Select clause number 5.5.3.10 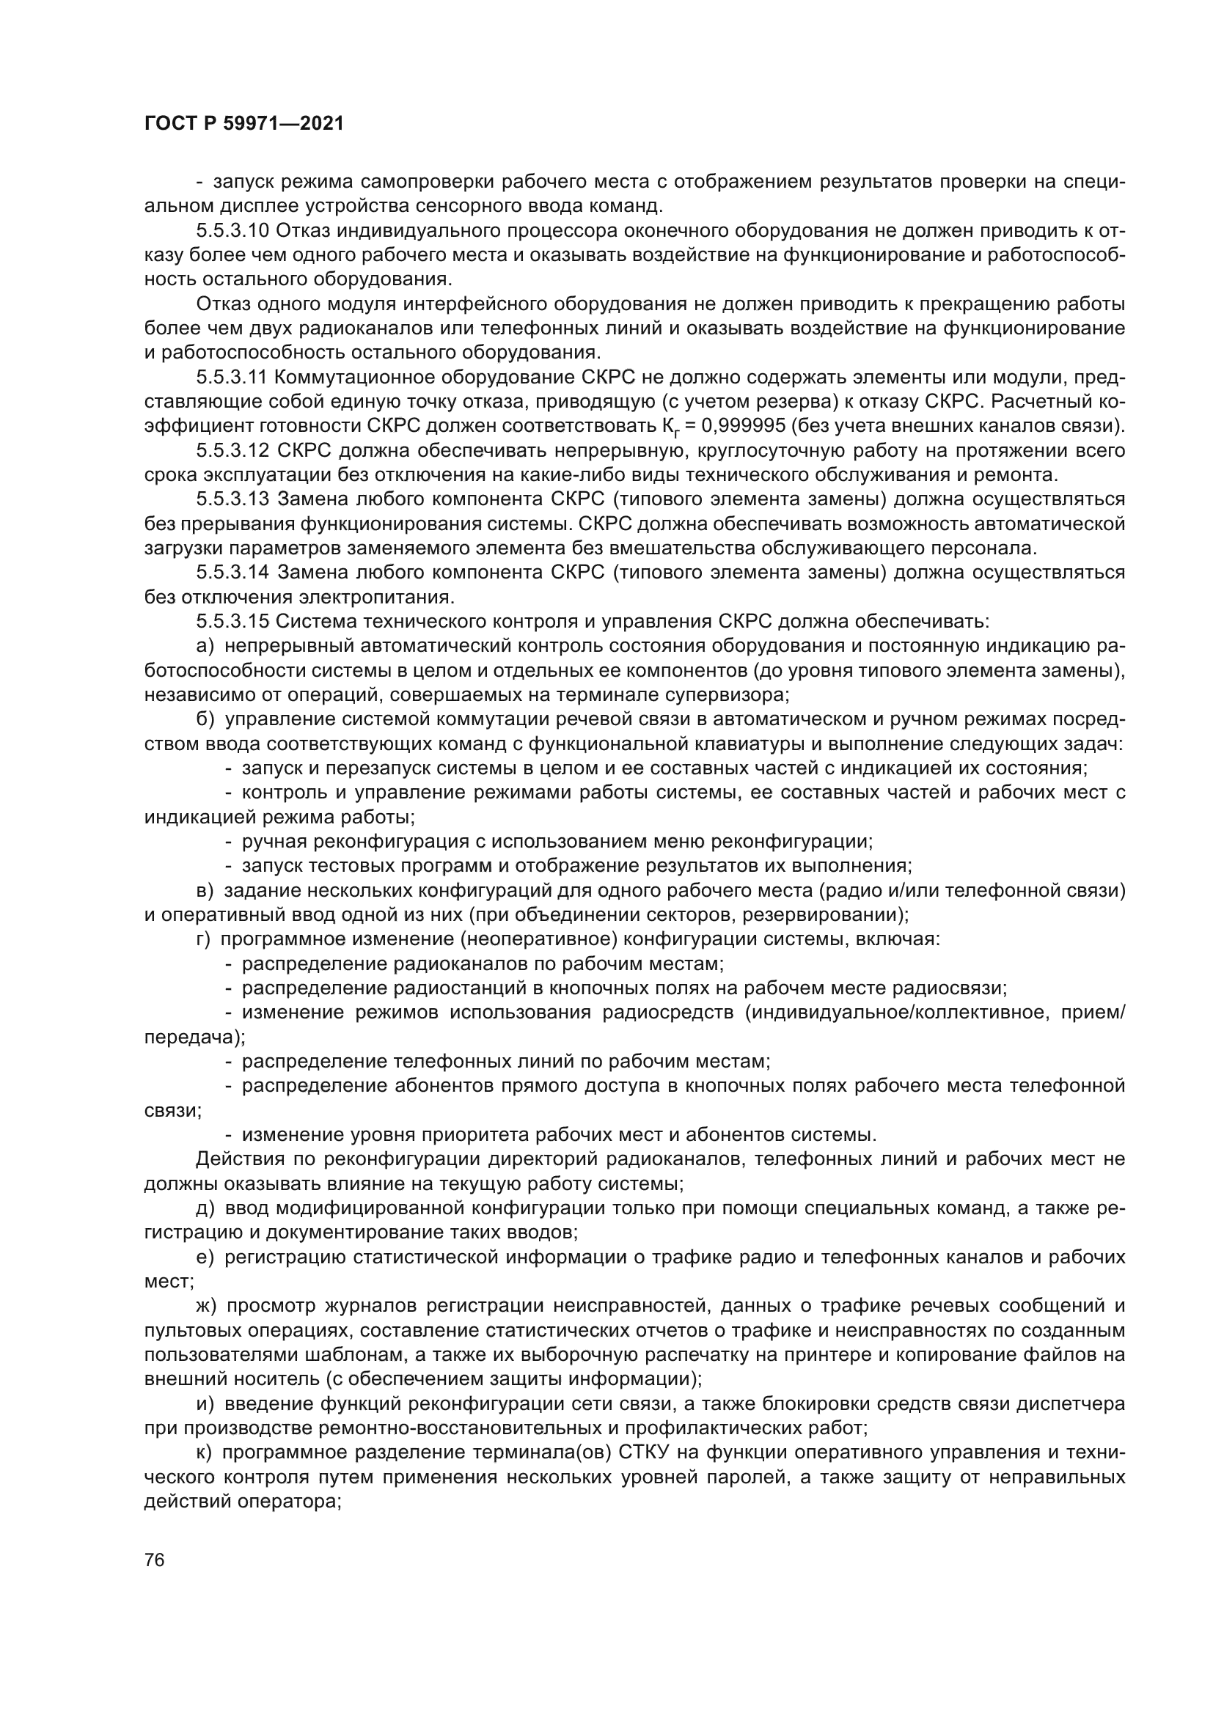(x=232, y=231)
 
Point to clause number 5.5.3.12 (x=232, y=450)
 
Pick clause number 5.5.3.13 (x=232, y=499)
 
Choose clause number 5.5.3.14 (x=232, y=572)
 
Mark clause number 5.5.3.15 (x=232, y=621)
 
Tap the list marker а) (x=205, y=645)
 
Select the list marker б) (x=206, y=719)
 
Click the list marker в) (x=205, y=890)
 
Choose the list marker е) (x=205, y=1257)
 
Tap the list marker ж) (x=207, y=1306)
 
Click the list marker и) (x=205, y=1403)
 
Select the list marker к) (x=205, y=1452)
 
